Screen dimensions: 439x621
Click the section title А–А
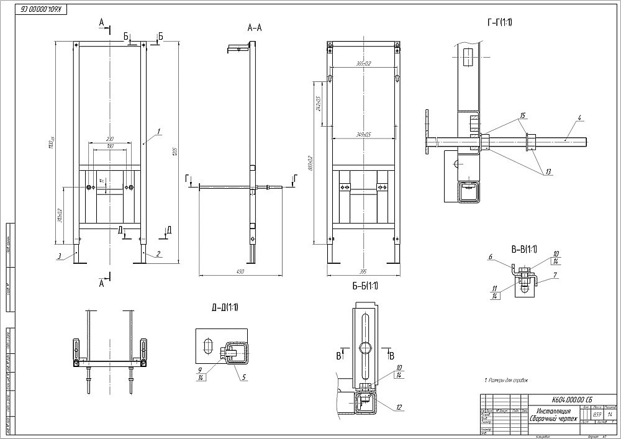[x=255, y=27]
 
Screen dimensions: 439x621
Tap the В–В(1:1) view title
[x=523, y=250]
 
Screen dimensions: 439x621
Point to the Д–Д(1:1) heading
[x=225, y=307]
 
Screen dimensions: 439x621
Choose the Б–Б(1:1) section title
[x=364, y=286]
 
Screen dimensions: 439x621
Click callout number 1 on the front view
[x=159, y=131]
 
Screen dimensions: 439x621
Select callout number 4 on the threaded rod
[x=578, y=117]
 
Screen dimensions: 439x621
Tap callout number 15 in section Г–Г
[x=523, y=116]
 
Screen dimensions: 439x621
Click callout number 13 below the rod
[x=548, y=172]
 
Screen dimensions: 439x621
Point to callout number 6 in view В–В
[x=490, y=256]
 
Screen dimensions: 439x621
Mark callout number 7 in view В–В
[x=556, y=274]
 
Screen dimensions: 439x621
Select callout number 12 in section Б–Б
[x=398, y=407]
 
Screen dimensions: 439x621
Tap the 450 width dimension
[x=240, y=271]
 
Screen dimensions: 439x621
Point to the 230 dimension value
[x=110, y=138]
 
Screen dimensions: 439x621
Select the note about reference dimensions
[x=505, y=380]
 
